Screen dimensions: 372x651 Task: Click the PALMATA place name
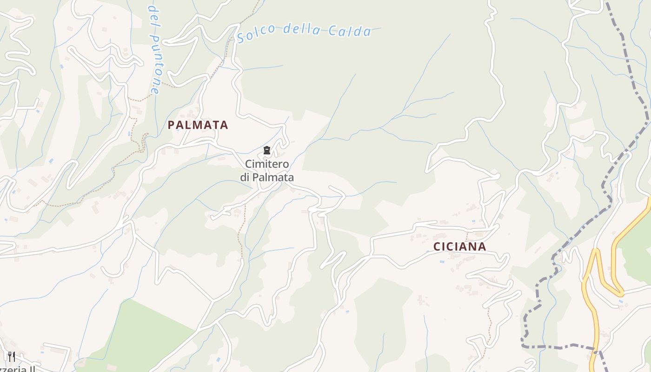[198, 125]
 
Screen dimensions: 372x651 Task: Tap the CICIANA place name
[459, 247]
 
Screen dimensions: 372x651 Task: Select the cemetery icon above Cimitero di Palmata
[267, 150]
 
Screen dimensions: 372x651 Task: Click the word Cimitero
[267, 164]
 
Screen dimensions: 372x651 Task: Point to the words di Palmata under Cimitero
[267, 177]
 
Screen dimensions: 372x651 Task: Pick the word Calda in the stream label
[349, 31]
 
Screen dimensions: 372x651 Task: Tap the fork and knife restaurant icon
[12, 357]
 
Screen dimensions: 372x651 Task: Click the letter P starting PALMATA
[171, 125]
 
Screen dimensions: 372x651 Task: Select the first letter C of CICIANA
[437, 247]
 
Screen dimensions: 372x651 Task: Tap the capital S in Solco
[241, 37]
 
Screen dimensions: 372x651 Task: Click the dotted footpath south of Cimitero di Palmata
[241, 232]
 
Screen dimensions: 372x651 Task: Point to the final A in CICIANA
[482, 247]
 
